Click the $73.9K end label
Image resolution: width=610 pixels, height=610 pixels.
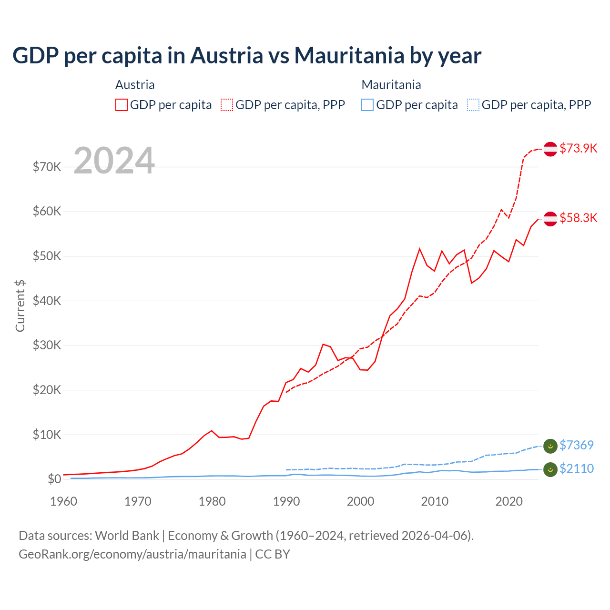(x=578, y=148)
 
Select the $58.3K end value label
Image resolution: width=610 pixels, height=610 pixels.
(x=578, y=218)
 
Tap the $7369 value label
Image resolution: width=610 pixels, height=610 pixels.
(x=576, y=445)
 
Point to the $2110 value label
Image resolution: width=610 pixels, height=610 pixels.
(x=576, y=468)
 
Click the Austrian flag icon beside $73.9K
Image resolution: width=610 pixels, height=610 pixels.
(x=550, y=149)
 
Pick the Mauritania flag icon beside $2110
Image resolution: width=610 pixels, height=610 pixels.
(x=550, y=469)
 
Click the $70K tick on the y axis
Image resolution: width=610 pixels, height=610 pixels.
(x=47, y=167)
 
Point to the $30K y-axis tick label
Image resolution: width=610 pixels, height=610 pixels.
(x=47, y=345)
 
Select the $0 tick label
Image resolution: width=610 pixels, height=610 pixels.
(x=54, y=479)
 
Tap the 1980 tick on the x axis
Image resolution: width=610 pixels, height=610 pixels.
(x=212, y=501)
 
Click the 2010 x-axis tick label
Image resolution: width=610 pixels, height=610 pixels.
(x=435, y=501)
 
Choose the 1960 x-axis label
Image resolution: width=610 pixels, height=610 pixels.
(x=63, y=501)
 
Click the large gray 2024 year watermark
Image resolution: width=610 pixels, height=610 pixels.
(x=114, y=161)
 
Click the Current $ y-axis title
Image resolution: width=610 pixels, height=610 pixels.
(x=20, y=305)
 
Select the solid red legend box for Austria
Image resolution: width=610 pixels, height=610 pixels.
(x=122, y=105)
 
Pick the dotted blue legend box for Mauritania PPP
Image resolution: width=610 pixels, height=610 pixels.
(x=473, y=105)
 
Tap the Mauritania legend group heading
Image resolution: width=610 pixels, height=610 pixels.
(x=391, y=85)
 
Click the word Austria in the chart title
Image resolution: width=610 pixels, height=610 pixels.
(x=227, y=55)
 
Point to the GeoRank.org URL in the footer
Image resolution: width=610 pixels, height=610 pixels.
(x=132, y=554)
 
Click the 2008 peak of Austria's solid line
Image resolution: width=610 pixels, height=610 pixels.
(x=419, y=249)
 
